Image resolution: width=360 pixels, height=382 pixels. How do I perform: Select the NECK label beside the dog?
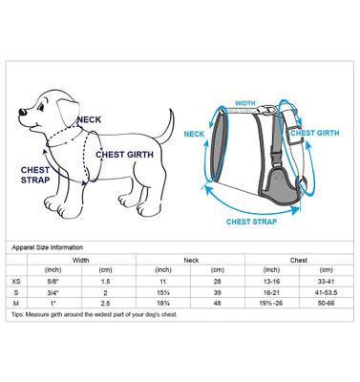(x=89, y=120)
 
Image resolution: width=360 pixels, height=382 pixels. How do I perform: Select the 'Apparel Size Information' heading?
(x=53, y=247)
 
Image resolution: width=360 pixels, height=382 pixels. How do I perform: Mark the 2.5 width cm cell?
(x=107, y=304)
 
